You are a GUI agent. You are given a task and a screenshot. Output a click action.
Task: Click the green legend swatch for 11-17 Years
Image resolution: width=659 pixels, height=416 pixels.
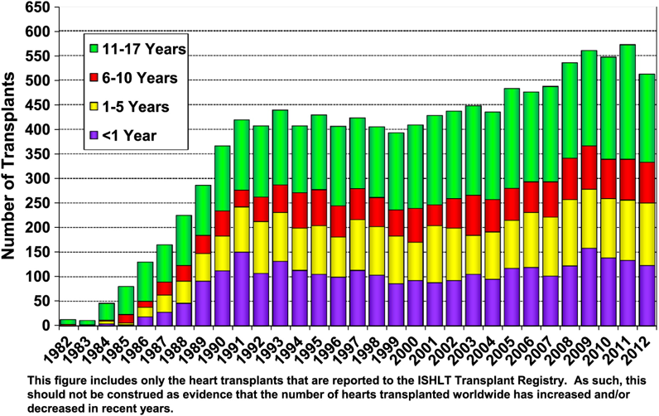click(x=94, y=48)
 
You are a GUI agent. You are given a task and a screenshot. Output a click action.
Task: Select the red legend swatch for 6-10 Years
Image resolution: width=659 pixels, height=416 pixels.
click(x=94, y=77)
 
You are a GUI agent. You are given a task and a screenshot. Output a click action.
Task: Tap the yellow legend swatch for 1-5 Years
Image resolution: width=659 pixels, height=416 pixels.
click(x=94, y=107)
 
